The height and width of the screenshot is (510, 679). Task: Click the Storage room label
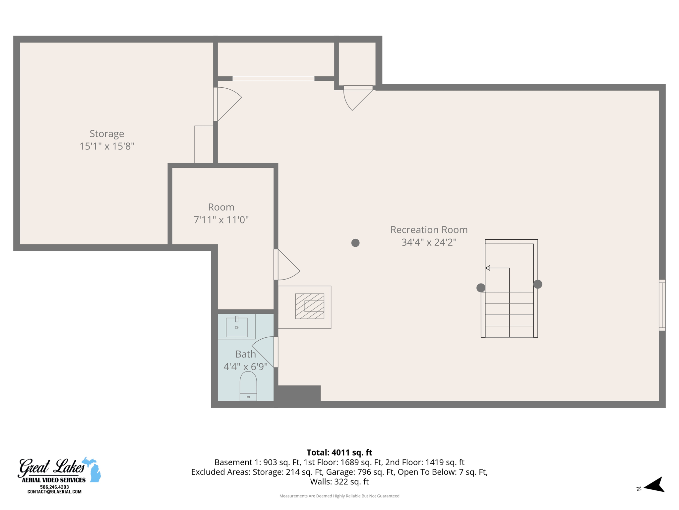(107, 133)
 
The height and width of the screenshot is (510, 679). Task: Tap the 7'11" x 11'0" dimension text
(221, 220)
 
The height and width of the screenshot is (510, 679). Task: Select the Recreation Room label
(429, 230)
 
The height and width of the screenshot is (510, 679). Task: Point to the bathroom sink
(236, 327)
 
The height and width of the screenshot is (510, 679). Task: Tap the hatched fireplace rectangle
(310, 306)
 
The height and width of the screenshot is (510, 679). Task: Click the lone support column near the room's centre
(355, 243)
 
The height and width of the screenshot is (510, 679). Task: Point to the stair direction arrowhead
(488, 268)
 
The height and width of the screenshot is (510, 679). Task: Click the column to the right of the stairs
(538, 284)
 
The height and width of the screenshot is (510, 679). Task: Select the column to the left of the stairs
(481, 288)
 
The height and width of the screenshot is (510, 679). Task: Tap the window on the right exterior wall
(662, 305)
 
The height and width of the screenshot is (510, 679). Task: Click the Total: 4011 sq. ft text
(339, 453)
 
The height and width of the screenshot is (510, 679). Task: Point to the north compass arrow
(655, 485)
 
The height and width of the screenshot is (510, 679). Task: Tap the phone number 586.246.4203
(54, 487)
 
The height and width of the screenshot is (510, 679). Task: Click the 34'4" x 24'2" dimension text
(429, 242)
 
